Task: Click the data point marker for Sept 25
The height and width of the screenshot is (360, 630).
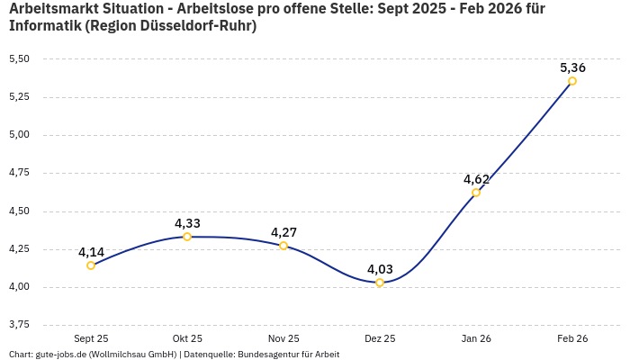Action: (x=91, y=265)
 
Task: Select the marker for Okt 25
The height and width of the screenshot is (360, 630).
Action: (x=187, y=237)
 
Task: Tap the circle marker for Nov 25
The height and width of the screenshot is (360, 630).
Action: (x=283, y=246)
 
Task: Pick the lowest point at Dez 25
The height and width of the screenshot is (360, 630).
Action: (x=380, y=283)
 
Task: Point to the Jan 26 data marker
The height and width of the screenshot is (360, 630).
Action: (x=476, y=193)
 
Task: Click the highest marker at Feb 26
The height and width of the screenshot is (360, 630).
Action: (x=572, y=81)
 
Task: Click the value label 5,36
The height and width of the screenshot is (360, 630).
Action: (x=572, y=67)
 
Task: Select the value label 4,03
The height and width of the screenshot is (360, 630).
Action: (x=380, y=269)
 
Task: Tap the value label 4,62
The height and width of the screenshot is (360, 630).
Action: (x=476, y=179)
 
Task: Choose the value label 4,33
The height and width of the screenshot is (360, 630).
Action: (x=187, y=223)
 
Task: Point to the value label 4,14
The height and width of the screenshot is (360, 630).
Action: (x=91, y=252)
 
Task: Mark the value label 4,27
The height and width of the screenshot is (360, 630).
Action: (x=283, y=232)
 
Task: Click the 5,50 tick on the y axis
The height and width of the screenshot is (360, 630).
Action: (x=19, y=58)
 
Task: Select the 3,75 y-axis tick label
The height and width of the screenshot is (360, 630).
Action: (x=19, y=324)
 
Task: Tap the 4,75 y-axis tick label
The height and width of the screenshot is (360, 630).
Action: (x=19, y=172)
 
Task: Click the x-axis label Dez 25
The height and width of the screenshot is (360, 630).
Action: (x=380, y=338)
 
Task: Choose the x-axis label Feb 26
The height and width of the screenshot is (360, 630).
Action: (x=572, y=338)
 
